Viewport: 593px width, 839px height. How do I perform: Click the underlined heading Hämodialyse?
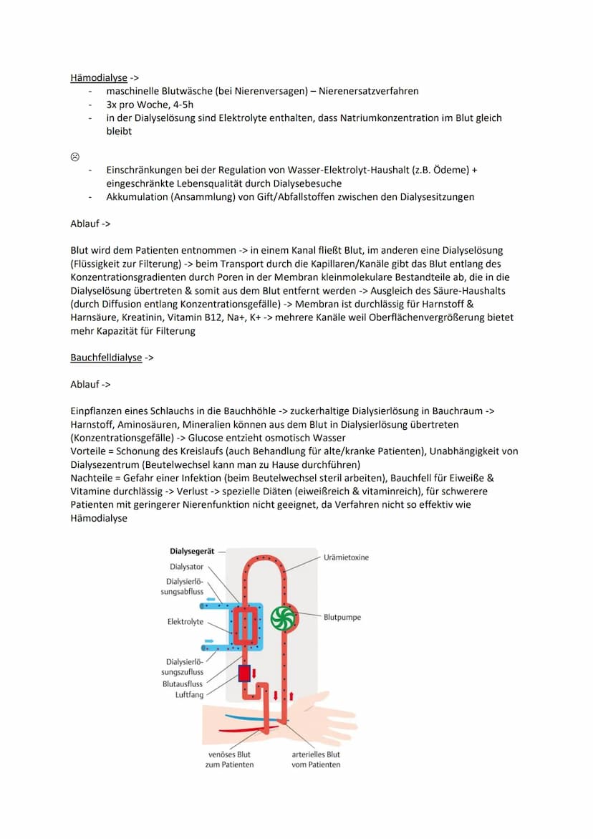pos(99,77)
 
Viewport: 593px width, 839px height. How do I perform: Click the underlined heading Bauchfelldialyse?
pos(106,358)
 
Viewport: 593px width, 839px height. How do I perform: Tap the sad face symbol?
pos(74,157)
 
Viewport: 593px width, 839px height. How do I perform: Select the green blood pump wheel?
pos(284,618)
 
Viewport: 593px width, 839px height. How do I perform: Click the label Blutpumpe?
pos(342,616)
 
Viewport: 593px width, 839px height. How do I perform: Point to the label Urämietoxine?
pos(346,557)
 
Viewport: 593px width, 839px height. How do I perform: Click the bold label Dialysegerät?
pos(191,552)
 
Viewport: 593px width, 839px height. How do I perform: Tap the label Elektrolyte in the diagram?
pos(185,622)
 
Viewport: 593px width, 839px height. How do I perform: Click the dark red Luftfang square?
pos(244,674)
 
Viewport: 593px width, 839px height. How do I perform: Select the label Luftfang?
pos(189,694)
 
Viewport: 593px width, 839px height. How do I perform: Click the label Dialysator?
pos(186,567)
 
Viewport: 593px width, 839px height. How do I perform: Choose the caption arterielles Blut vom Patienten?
pos(316,759)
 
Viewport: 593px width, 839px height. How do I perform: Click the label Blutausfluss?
pos(182,684)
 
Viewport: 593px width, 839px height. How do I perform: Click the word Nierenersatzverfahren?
pos(374,91)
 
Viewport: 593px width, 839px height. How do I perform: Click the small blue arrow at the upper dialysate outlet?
pos(211,597)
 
